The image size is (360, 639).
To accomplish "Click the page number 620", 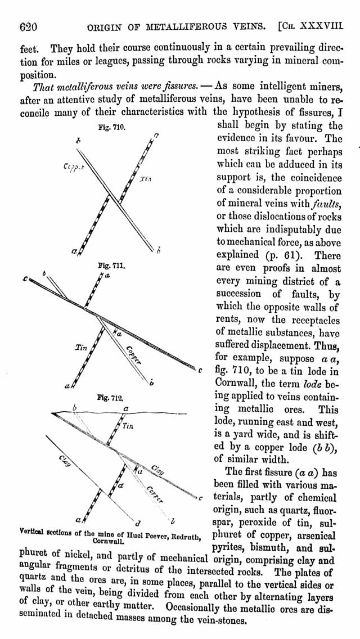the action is click(x=29, y=28).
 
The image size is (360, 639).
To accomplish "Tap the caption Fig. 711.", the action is click(x=107, y=265).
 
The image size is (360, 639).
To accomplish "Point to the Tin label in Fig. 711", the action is click(x=82, y=348).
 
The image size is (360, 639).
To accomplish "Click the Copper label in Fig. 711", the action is click(x=134, y=355).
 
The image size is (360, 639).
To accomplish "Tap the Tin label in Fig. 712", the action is click(x=128, y=427).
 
